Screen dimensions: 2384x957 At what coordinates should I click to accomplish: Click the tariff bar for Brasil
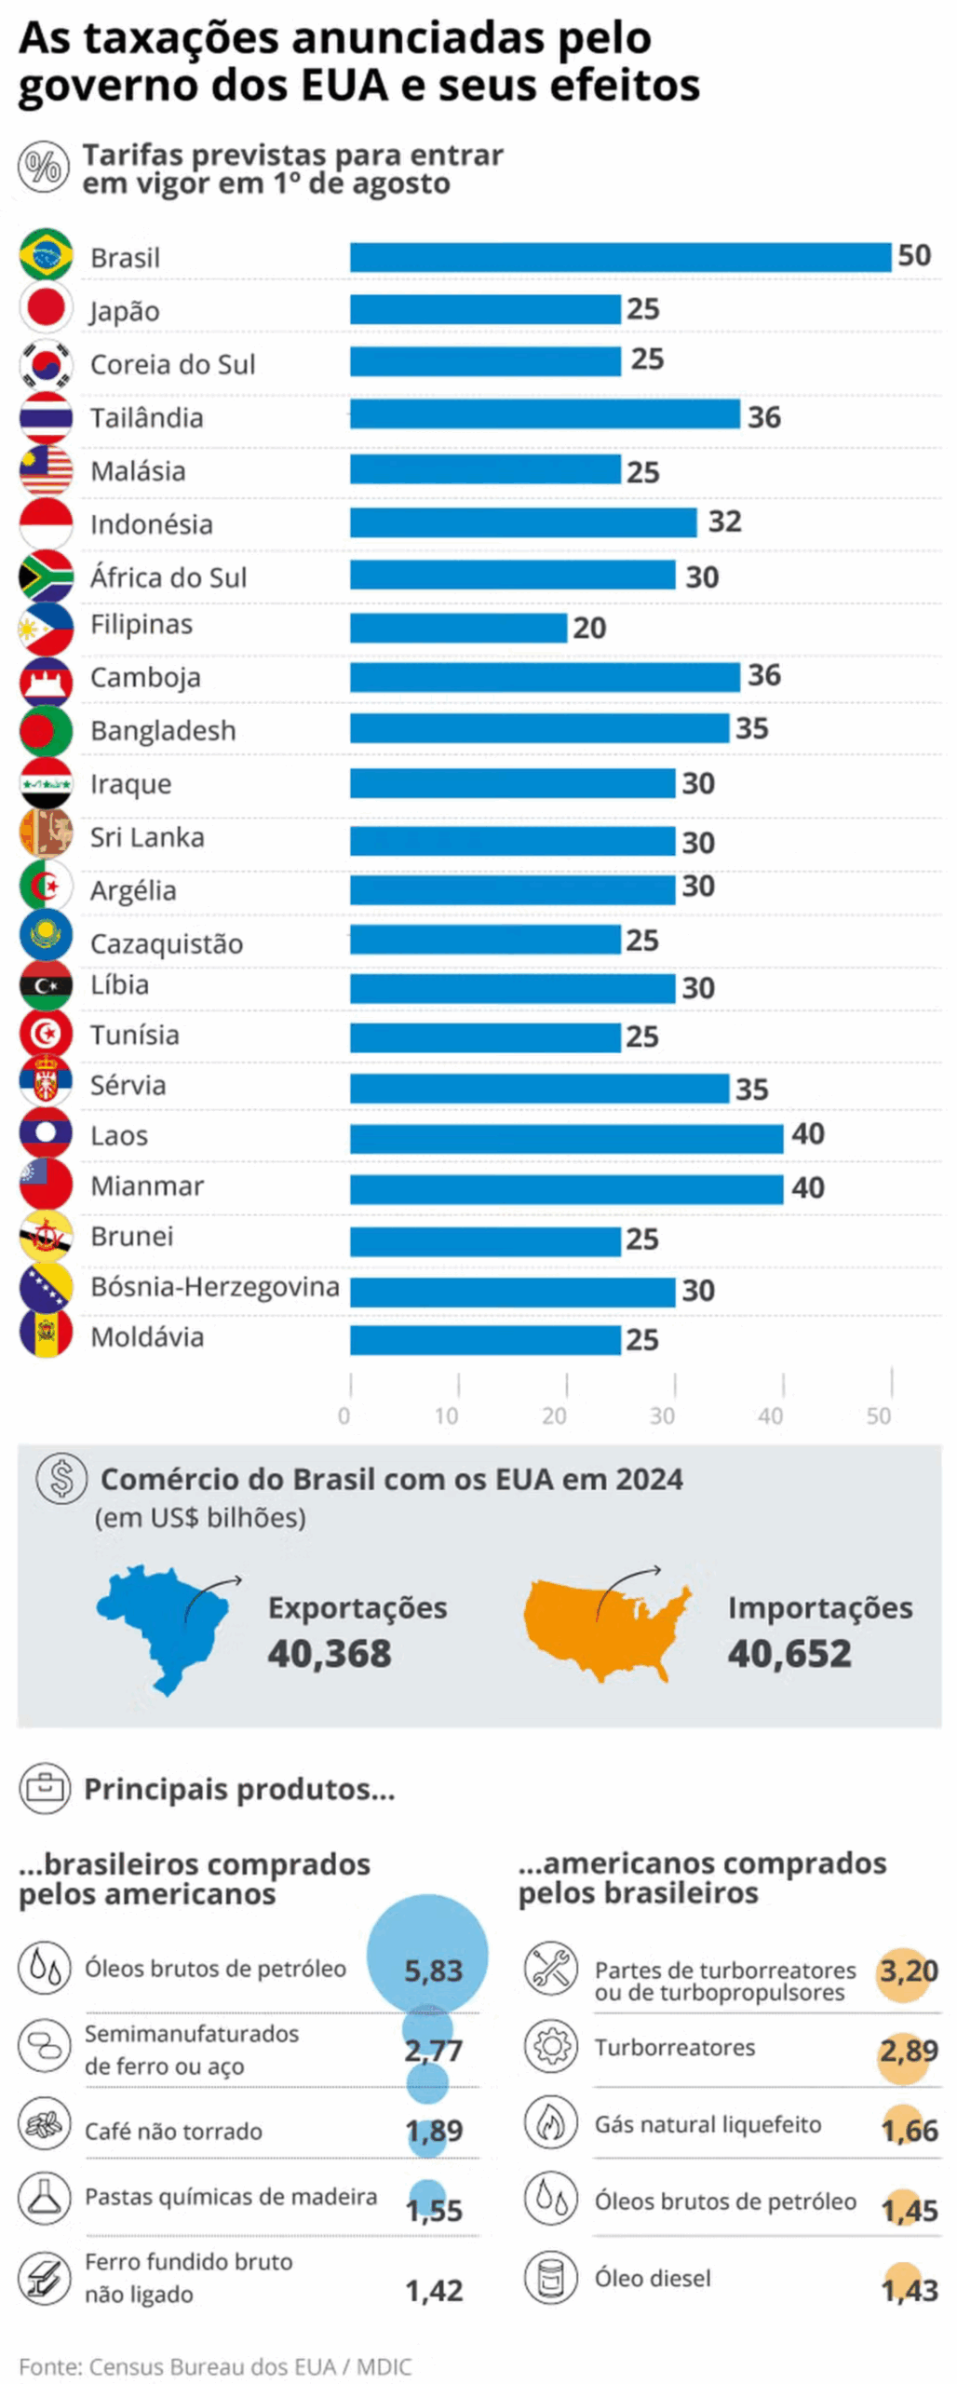tap(619, 257)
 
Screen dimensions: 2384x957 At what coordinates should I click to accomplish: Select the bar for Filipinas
tap(457, 627)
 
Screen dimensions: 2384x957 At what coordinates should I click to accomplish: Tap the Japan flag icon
tap(46, 308)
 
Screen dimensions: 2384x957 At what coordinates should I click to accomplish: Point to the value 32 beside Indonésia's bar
tap(723, 521)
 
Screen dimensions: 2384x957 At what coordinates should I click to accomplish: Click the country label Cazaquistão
tap(167, 943)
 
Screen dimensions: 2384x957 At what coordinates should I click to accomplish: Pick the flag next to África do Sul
tap(46, 576)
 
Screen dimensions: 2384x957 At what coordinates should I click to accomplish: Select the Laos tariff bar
tap(565, 1138)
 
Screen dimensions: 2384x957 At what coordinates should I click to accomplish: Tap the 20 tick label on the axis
tap(554, 1415)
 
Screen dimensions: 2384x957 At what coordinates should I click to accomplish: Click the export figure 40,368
tap(330, 1654)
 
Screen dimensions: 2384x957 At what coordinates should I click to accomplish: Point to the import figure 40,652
tap(789, 1654)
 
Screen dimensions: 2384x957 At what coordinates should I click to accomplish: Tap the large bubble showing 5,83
tap(427, 1955)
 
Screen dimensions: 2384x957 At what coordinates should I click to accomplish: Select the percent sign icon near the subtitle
tap(43, 168)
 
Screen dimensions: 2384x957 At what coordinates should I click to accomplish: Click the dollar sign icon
tap(61, 1478)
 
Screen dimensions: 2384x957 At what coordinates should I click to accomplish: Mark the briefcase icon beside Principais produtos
tap(44, 1788)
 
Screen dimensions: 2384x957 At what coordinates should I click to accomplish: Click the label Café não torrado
tap(173, 2132)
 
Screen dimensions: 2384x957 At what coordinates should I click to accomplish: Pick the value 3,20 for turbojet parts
tap(908, 1971)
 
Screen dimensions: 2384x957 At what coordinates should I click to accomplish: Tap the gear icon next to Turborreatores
tap(550, 2047)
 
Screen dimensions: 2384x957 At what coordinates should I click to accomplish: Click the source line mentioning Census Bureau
tap(215, 2365)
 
